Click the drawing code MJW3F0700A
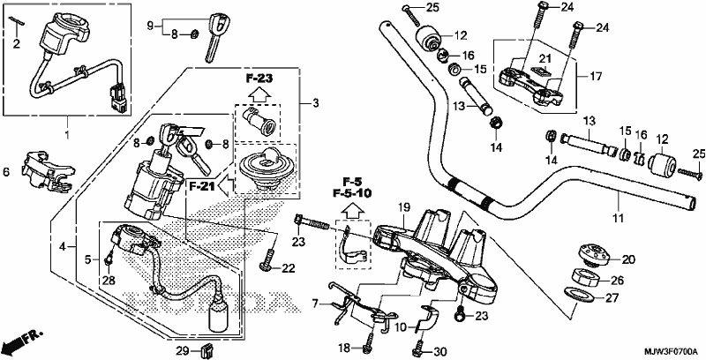(671, 351)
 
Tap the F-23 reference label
(259, 79)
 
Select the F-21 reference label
(201, 186)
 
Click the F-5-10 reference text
(352, 193)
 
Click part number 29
(181, 350)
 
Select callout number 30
(439, 351)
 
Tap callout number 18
(345, 348)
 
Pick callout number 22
(289, 268)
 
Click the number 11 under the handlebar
(619, 218)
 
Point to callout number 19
(404, 207)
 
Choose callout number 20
(628, 259)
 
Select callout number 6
(6, 172)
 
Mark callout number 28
(109, 281)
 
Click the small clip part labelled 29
(207, 349)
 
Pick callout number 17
(596, 77)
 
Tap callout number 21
(545, 58)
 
